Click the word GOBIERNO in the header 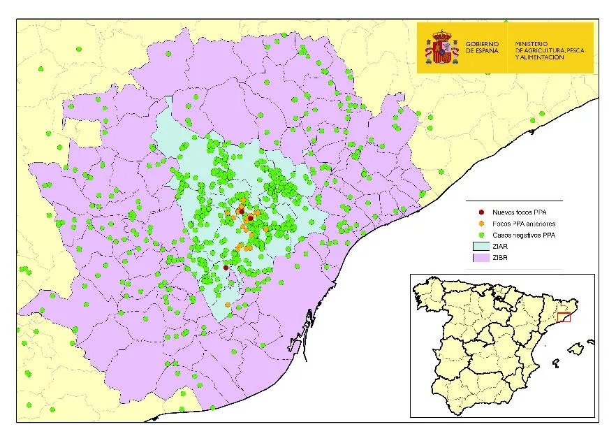tap(482, 44)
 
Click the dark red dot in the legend tap(481, 212)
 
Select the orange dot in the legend tap(481, 224)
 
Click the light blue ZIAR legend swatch tap(481, 246)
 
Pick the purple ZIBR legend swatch tap(481, 258)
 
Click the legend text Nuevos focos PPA tap(520, 212)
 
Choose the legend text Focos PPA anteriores tap(524, 224)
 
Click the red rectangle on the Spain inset tap(564, 318)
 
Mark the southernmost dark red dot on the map tap(226, 267)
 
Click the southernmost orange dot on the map tap(228, 304)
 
